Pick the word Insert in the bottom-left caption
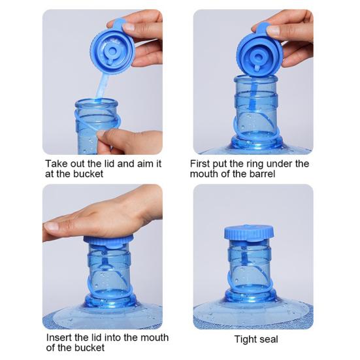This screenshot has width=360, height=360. point(59,338)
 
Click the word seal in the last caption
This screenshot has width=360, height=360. point(269,339)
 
